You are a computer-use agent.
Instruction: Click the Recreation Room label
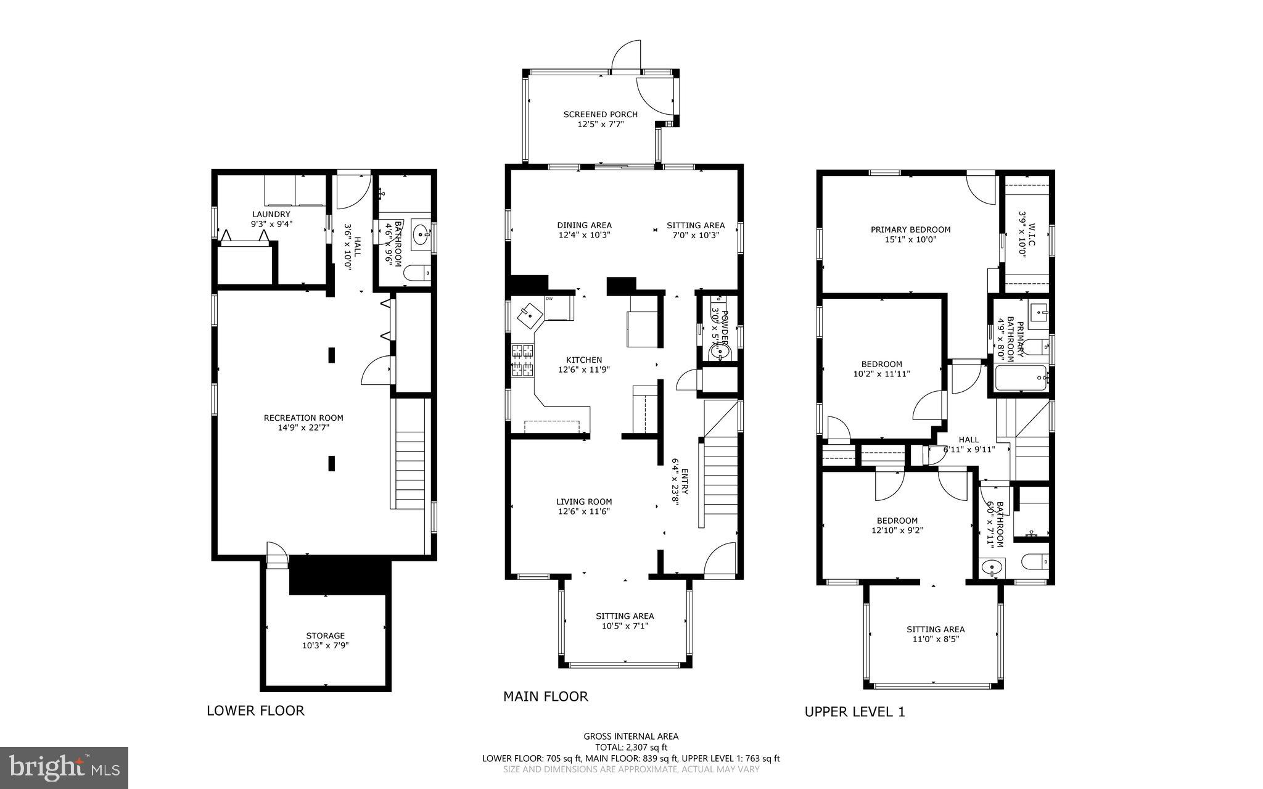pyautogui.click(x=303, y=418)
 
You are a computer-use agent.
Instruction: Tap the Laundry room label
pyautogui.click(x=271, y=214)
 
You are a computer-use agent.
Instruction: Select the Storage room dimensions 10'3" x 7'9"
pyautogui.click(x=326, y=645)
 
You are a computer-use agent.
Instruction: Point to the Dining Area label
pyautogui.click(x=584, y=225)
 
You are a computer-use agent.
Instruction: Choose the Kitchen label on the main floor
pyautogui.click(x=584, y=360)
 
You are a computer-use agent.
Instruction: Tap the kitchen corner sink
pyautogui.click(x=529, y=316)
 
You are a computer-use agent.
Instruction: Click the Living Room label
pyautogui.click(x=584, y=502)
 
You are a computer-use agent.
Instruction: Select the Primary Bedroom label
pyautogui.click(x=910, y=229)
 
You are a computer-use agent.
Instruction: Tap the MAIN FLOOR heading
pyautogui.click(x=545, y=696)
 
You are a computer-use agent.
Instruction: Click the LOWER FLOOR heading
pyautogui.click(x=255, y=711)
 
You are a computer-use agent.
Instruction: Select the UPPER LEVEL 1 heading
pyautogui.click(x=854, y=712)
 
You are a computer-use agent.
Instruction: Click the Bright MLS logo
pyautogui.click(x=64, y=767)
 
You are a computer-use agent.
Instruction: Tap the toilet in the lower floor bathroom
pyautogui.click(x=418, y=272)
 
